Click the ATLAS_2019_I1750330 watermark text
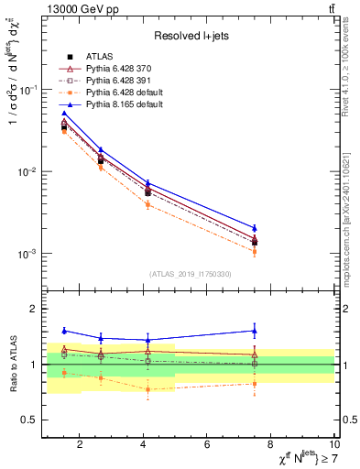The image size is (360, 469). (x=190, y=274)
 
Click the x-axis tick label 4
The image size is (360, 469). (x=143, y=444)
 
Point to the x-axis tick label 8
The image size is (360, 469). (x=270, y=444)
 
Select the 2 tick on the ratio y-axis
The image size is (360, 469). (x=32, y=309)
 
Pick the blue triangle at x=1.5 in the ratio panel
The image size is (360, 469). (x=64, y=331)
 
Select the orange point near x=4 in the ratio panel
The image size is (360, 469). (x=147, y=389)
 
